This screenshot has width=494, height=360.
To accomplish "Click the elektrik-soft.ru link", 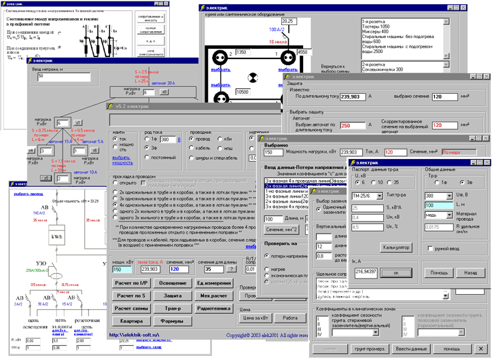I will [x=136, y=335].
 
